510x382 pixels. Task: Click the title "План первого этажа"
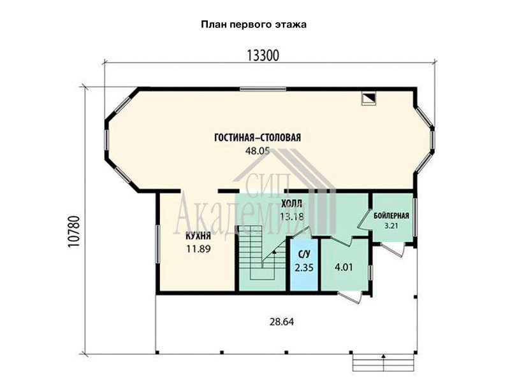coord(253,25)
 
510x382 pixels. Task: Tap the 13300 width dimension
coord(263,56)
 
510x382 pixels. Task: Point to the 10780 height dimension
coord(74,231)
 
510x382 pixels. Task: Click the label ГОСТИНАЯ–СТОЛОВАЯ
coord(258,138)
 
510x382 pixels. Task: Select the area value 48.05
coord(258,151)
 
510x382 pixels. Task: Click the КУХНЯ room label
coord(198,236)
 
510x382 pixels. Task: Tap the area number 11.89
coord(198,249)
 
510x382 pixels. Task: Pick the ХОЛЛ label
coord(291,204)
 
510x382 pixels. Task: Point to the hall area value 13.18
coord(292,216)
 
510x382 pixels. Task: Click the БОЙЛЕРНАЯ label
coord(391,216)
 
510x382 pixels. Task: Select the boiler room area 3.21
coord(391,226)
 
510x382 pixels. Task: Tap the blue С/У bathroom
coord(304,265)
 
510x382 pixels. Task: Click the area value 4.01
coord(344,267)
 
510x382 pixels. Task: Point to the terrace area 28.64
coord(282,322)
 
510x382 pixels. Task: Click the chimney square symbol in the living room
coord(369,99)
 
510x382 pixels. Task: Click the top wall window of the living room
coord(263,89)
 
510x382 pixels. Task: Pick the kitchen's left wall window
coord(157,244)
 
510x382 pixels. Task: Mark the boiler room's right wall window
coord(415,217)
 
